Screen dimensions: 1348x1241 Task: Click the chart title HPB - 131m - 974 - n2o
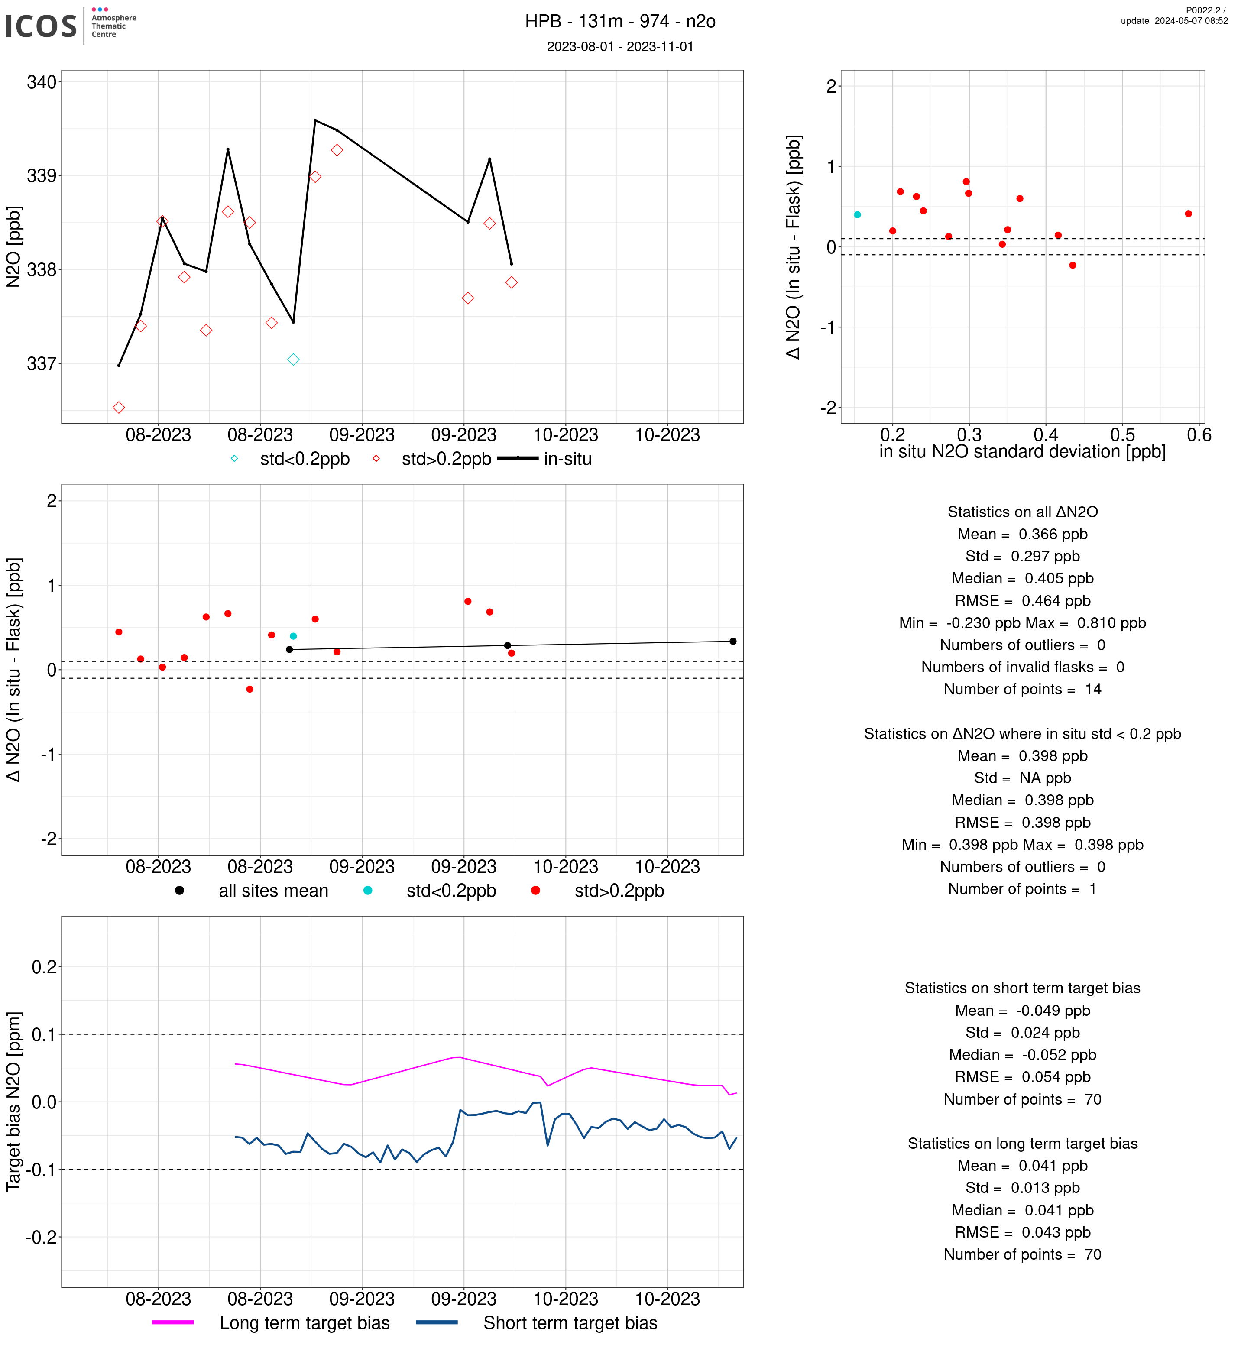coord(620,22)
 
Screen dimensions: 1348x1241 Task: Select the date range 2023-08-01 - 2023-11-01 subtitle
coord(620,46)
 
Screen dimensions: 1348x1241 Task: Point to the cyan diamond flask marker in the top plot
coord(293,360)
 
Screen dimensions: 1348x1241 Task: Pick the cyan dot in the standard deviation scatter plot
coord(858,215)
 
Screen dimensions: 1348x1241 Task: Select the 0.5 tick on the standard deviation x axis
coord(1122,435)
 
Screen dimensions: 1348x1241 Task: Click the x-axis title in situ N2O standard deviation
coord(1022,452)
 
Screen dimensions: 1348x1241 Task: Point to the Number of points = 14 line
coord(1022,689)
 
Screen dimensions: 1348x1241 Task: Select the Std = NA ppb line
coord(1022,778)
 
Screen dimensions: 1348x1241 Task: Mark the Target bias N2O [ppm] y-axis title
coord(14,1102)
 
